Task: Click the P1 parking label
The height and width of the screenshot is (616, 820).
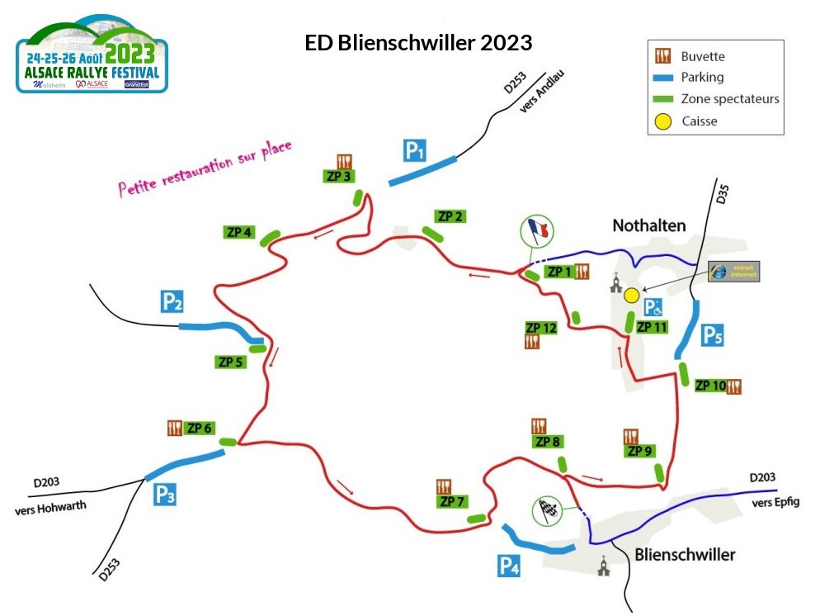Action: coord(414,150)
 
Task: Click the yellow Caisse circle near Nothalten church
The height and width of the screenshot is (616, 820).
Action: coord(631,294)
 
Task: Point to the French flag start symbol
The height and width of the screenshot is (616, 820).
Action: coord(536,230)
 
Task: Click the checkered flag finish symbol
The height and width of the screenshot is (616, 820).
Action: coord(545,509)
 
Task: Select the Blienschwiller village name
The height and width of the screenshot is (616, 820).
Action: coord(685,554)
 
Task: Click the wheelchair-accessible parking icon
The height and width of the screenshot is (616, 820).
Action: coord(653,308)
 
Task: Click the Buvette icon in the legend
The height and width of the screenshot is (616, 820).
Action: coord(663,56)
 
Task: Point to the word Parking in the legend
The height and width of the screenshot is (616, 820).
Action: coord(702,78)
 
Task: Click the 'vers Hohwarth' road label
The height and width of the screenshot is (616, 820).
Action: coord(51,508)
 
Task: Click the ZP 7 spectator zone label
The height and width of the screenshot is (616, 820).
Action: coord(454,501)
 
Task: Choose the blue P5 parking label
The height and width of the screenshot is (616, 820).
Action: coord(713,335)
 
